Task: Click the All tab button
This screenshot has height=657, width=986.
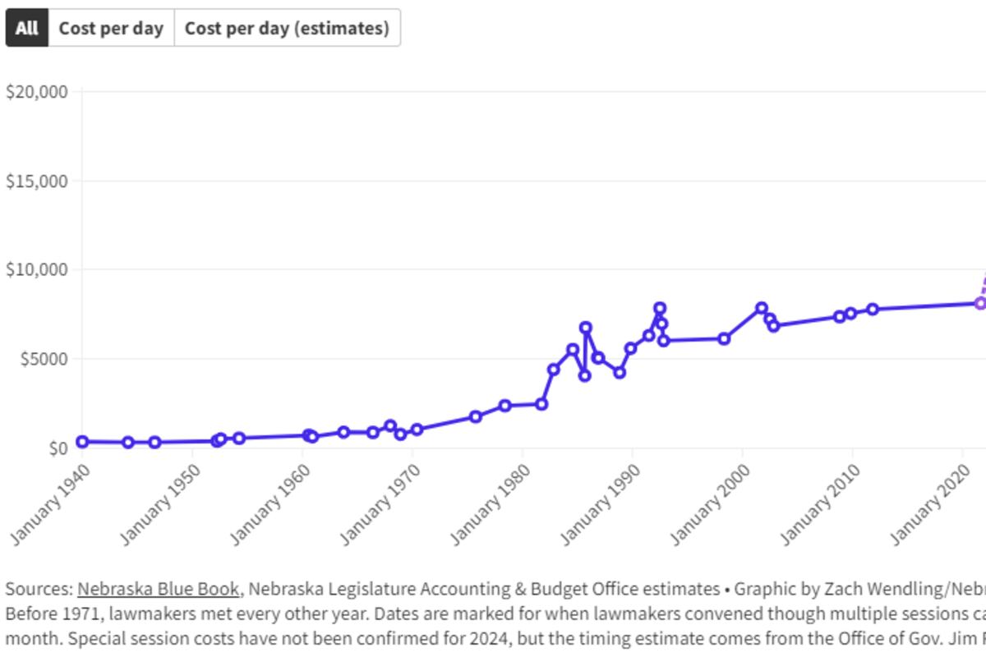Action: pyautogui.click(x=27, y=28)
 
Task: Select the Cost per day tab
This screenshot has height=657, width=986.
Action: pyautogui.click(x=111, y=28)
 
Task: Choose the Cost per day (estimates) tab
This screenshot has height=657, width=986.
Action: pyautogui.click(x=287, y=28)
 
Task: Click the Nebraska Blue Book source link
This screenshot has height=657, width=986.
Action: pyautogui.click(x=159, y=589)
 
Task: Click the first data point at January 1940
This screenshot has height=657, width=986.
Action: pyautogui.click(x=82, y=442)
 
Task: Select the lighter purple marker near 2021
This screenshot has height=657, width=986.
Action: pyautogui.click(x=980, y=303)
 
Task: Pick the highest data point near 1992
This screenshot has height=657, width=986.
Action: pyautogui.click(x=660, y=308)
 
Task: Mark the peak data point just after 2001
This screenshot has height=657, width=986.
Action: pyautogui.click(x=762, y=308)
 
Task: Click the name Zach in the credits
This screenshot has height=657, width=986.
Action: pyautogui.click(x=831, y=589)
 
